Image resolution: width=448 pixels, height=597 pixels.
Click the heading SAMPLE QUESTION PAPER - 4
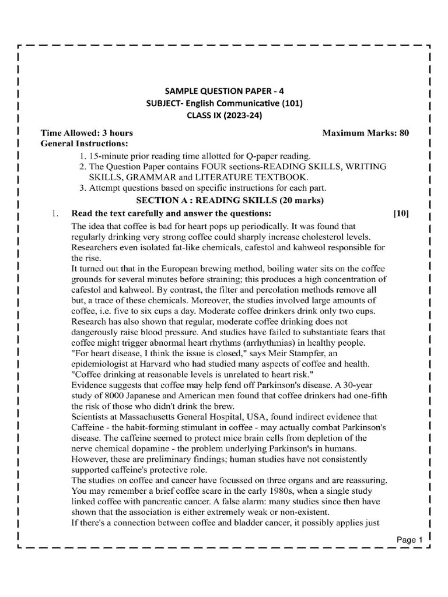(x=224, y=92)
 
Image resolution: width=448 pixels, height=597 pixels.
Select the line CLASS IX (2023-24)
(x=224, y=115)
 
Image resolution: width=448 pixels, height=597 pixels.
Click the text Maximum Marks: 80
(x=366, y=133)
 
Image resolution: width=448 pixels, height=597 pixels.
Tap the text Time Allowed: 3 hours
(x=87, y=133)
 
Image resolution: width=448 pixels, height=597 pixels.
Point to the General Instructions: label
(x=84, y=143)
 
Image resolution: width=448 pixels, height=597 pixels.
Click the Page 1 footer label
(x=409, y=540)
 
